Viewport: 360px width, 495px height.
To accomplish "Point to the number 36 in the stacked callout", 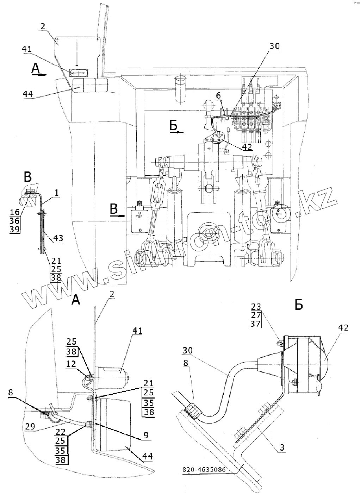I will coord(15,220).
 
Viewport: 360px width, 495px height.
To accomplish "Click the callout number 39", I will coord(15,229).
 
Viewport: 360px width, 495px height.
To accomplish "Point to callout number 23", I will coord(256,306).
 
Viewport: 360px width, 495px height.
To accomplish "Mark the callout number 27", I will coord(256,315).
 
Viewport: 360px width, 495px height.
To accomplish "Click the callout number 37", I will coord(256,324).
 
